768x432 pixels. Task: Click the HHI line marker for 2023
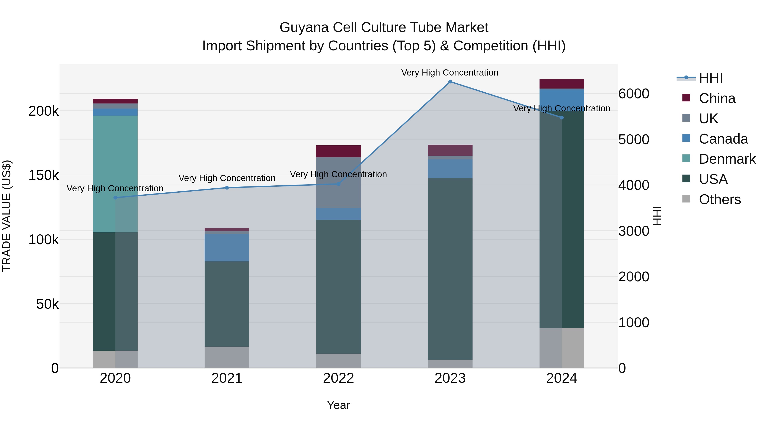click(x=450, y=82)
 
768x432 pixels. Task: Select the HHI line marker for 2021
click(x=227, y=188)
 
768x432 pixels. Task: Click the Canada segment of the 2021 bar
click(x=227, y=247)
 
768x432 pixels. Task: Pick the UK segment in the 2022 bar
click(x=338, y=182)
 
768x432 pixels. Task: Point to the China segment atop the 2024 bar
click(x=562, y=84)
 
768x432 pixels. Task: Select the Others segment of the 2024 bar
click(x=562, y=348)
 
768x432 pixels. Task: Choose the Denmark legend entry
click(x=727, y=159)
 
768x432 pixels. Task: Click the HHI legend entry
click(x=710, y=78)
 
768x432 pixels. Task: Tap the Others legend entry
click(x=719, y=199)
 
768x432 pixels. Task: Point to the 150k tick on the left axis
click(x=44, y=175)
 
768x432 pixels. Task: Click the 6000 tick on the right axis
click(x=634, y=94)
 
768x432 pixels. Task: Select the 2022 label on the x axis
click(x=338, y=378)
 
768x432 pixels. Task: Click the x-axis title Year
click(x=338, y=405)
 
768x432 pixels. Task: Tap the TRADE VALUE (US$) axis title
click(x=7, y=216)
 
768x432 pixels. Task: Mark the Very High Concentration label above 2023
click(x=449, y=73)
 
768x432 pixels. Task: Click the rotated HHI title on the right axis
click(x=657, y=216)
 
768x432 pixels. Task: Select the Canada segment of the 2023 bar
click(x=450, y=169)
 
